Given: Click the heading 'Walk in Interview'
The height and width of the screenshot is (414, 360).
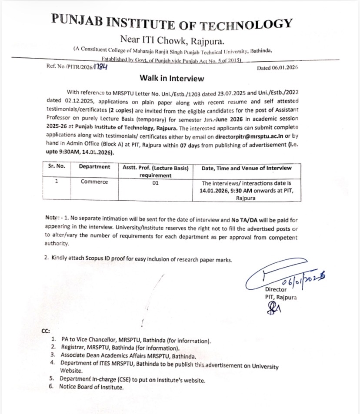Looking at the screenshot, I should coord(171,78).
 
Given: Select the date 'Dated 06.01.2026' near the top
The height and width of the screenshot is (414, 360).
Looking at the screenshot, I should coord(277,68).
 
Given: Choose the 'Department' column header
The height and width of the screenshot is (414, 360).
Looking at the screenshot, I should coord(94,167).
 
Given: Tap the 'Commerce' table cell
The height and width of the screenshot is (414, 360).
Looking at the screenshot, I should coord(94,182).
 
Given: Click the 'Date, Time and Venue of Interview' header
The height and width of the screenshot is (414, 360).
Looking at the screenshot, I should coord(246,168).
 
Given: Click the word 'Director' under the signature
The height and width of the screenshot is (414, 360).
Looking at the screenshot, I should coord(276,289).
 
